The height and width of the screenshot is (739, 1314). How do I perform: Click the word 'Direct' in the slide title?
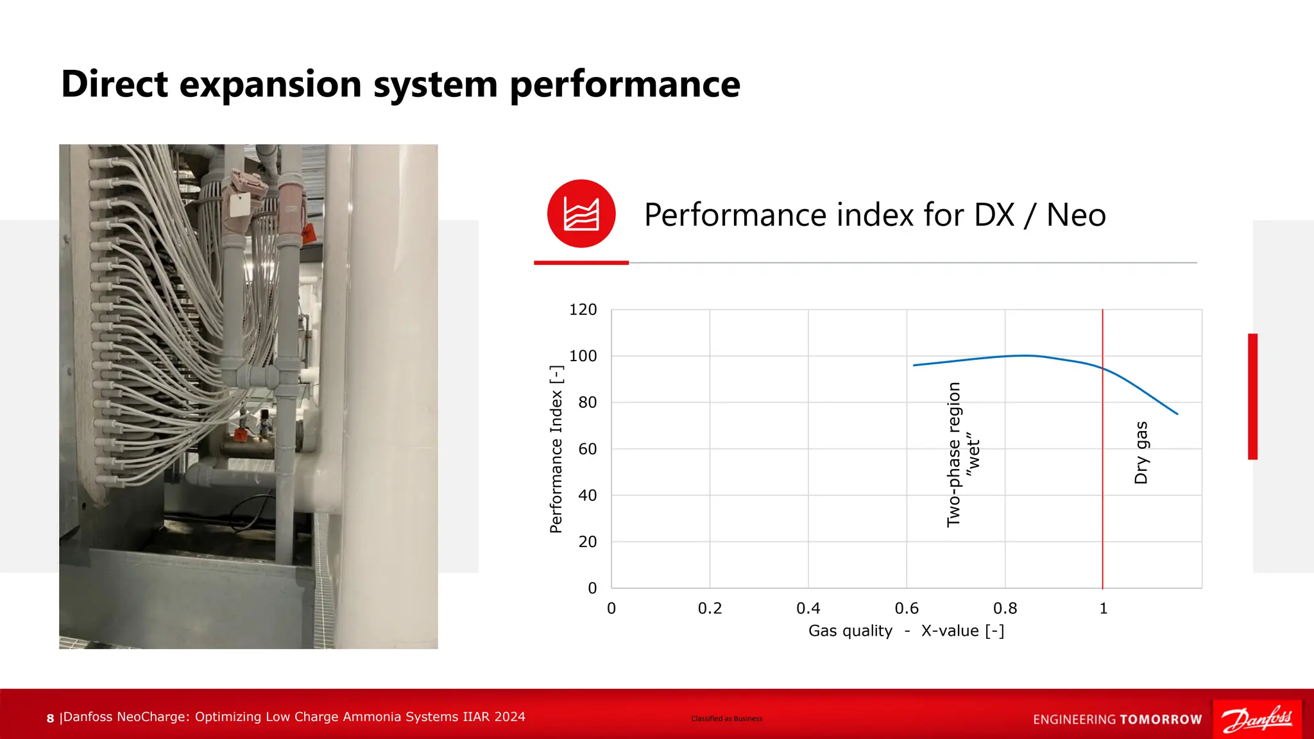(x=114, y=84)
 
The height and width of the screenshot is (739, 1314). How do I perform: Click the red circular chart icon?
(x=581, y=214)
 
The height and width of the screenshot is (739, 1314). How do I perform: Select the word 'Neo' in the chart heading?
(x=1075, y=215)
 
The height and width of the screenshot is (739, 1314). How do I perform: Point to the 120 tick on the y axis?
(x=583, y=310)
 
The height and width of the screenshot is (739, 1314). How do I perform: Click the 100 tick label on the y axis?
(x=583, y=356)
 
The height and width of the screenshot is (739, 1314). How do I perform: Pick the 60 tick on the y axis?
(x=587, y=449)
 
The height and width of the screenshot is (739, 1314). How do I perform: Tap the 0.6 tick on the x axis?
(x=906, y=608)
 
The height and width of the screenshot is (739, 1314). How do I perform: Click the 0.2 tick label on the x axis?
(x=710, y=608)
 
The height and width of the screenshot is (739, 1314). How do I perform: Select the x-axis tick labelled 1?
(x=1103, y=608)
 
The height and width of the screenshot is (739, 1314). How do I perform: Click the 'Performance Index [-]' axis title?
(x=556, y=449)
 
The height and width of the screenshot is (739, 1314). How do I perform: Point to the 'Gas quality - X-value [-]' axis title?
(x=906, y=631)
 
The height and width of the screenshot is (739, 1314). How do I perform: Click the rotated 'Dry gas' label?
(x=1141, y=452)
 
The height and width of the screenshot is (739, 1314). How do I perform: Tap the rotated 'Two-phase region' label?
(x=954, y=454)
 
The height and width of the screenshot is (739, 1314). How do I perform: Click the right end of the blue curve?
(x=1177, y=414)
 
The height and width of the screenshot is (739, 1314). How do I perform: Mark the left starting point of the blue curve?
(x=914, y=365)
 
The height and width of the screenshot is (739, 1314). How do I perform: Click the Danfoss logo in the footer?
(x=1256, y=719)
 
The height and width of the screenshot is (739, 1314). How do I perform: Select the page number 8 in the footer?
(x=50, y=718)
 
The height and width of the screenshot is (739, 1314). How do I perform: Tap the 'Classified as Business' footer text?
(x=726, y=718)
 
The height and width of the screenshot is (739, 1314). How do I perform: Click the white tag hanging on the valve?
(x=239, y=206)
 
